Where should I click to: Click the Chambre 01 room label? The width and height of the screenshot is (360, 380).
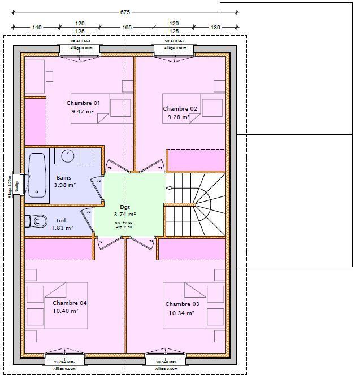[83, 103]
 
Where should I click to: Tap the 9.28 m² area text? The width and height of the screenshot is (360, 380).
[178, 118]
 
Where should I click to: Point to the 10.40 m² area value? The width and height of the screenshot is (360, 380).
[66, 311]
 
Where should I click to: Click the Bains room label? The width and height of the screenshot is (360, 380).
[64, 177]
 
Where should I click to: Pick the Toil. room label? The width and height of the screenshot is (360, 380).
[62, 221]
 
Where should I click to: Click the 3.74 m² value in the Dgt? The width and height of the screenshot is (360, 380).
[124, 215]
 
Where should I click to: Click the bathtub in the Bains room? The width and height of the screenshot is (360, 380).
[37, 175]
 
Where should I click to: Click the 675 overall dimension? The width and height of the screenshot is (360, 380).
[124, 11]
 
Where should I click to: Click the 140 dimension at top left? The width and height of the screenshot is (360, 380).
[37, 27]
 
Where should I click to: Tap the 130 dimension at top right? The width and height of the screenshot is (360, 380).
[215, 27]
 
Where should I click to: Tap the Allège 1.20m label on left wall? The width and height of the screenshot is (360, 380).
[10, 187]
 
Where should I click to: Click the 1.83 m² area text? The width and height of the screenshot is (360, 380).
[62, 228]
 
